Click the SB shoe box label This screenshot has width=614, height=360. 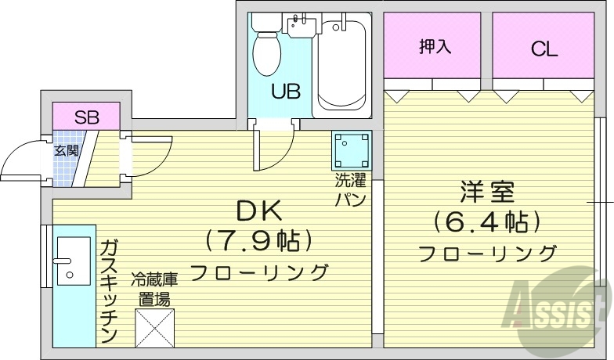[86, 118]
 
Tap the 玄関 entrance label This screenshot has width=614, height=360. [66, 151]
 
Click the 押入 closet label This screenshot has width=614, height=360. [435, 47]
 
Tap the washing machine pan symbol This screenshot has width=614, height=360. [350, 147]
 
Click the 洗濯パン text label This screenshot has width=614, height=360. [350, 190]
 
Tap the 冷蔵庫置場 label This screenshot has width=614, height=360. [154, 288]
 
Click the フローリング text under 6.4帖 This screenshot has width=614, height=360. [487, 253]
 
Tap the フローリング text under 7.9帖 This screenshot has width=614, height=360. [258, 272]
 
